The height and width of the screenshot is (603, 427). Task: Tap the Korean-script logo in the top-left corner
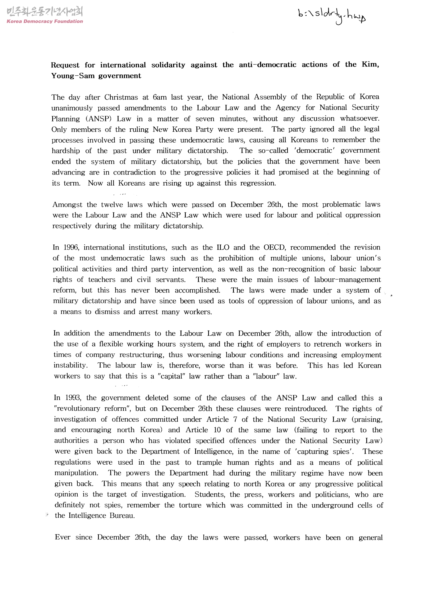click(x=45, y=12)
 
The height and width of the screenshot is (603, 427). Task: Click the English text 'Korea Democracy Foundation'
click(x=45, y=21)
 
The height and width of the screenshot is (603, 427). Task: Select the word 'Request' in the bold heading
click(x=65, y=65)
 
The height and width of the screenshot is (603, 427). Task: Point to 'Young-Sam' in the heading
click(x=72, y=76)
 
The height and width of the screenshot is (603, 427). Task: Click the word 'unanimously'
click(x=72, y=108)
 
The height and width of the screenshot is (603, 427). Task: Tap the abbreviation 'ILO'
click(x=223, y=248)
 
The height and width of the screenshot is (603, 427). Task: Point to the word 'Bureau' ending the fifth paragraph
click(x=122, y=516)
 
